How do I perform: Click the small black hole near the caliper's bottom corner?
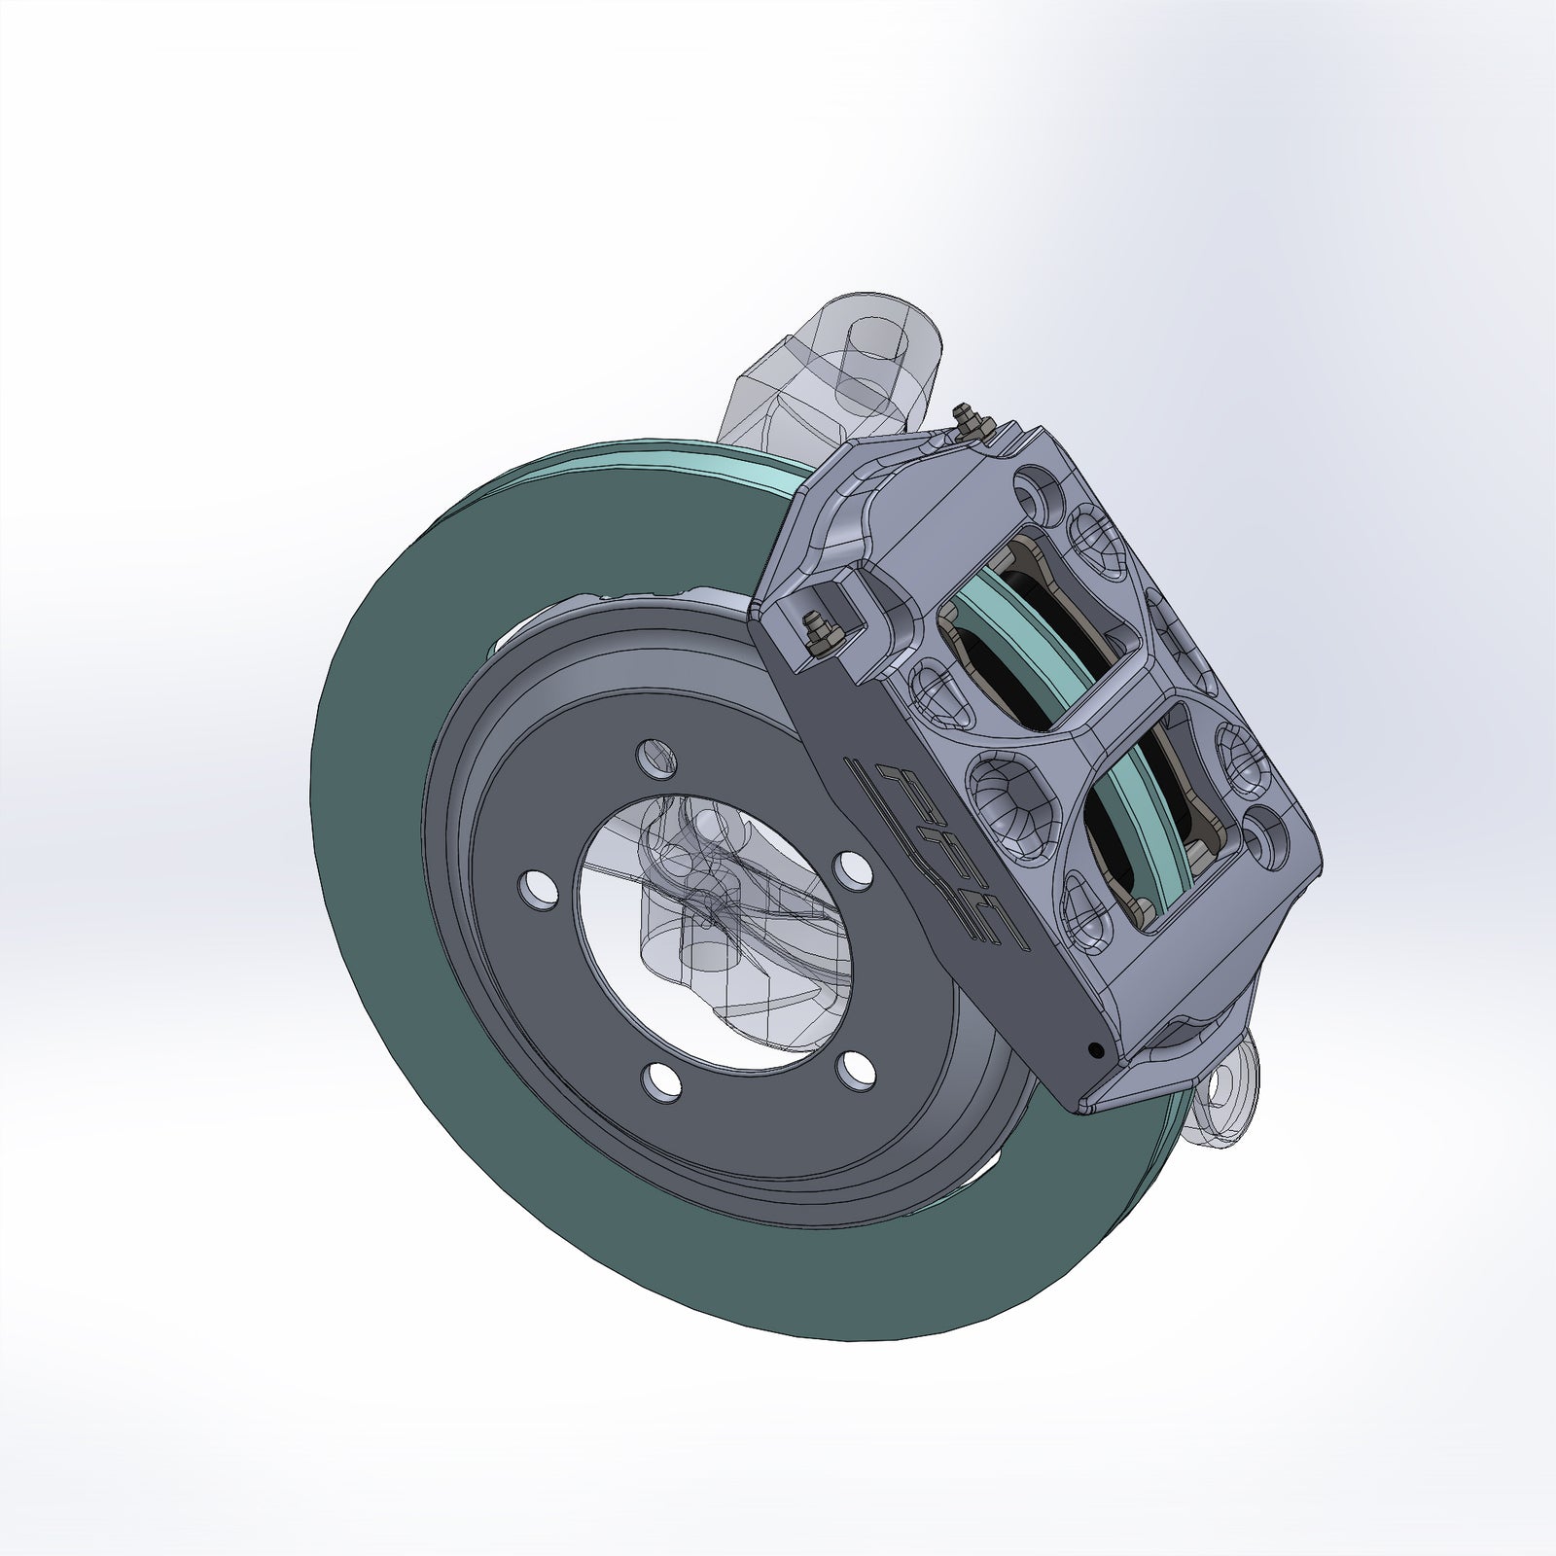pos(1096,1050)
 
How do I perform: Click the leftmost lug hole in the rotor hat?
pos(532,886)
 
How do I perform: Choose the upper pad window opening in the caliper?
pos(1041,632)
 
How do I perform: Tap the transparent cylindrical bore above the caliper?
pos(870,365)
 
